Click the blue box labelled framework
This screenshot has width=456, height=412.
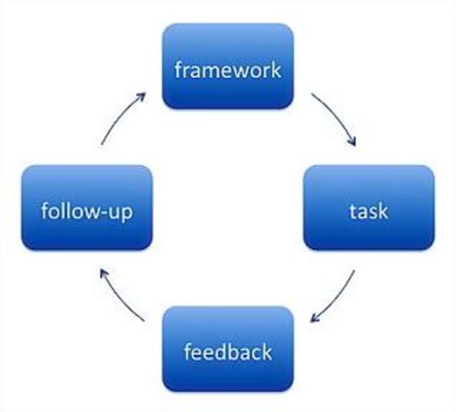point(227,67)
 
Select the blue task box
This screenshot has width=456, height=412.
point(369,209)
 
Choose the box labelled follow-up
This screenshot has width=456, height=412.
point(87,209)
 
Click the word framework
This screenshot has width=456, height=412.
point(227,69)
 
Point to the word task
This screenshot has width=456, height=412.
point(369,210)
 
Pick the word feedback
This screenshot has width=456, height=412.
point(227,351)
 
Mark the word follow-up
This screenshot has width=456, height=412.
point(87,210)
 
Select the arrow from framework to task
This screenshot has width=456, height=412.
point(335,118)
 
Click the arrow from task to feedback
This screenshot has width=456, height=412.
point(337,300)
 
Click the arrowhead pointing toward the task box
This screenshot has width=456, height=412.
point(352,145)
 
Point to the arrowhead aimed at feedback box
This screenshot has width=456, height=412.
point(315,320)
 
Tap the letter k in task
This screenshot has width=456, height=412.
point(381,209)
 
